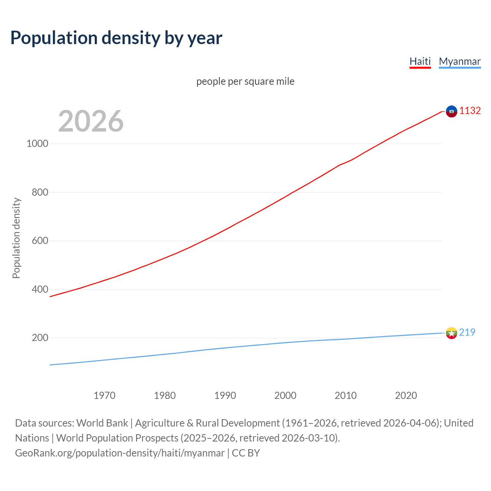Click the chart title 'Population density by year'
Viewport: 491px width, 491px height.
point(116,38)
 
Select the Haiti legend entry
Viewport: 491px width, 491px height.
point(420,61)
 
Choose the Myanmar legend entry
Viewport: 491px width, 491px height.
point(460,61)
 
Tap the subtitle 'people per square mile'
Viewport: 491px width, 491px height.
point(245,81)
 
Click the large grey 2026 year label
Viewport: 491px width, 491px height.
point(91,121)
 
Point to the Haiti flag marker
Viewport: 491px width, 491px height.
point(451,111)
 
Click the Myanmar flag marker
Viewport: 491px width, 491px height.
point(451,333)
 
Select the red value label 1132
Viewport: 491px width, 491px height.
point(470,111)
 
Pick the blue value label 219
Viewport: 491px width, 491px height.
point(467,332)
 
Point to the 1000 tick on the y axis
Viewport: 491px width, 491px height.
point(37,143)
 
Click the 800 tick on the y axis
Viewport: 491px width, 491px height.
point(40,192)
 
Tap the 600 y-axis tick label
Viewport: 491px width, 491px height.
point(40,241)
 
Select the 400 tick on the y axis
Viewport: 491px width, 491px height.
point(40,289)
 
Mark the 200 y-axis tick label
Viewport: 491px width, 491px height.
point(40,338)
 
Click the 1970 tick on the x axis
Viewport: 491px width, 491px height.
point(104,395)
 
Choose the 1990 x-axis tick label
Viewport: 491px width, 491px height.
point(225,395)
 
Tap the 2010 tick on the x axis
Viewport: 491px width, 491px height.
point(346,395)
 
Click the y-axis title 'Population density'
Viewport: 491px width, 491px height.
point(16,238)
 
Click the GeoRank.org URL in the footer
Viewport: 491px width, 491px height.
point(120,453)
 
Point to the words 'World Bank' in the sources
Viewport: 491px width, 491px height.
point(102,423)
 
